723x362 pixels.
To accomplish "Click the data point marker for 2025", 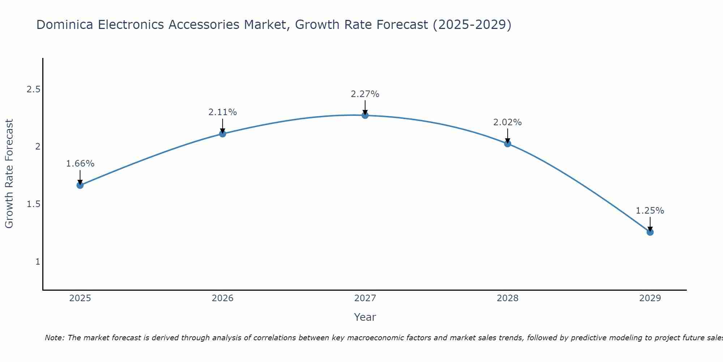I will [x=80, y=185].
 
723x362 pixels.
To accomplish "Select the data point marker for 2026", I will [x=222, y=134].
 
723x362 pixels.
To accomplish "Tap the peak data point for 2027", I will [x=365, y=115].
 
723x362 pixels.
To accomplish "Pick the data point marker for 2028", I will [x=508, y=144].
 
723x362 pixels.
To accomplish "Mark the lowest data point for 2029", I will [x=650, y=232].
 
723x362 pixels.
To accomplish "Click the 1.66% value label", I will [x=80, y=164].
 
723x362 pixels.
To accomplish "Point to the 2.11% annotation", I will [x=222, y=112].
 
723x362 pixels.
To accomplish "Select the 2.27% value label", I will [x=365, y=94].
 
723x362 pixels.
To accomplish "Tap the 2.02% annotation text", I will [x=508, y=122].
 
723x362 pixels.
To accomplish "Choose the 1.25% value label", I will [x=650, y=211].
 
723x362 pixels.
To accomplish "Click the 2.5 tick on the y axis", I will [x=33, y=89].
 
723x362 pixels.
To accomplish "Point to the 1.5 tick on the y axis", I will [x=33, y=204].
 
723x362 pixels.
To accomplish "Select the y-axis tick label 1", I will [x=38, y=261].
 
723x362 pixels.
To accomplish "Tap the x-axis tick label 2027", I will [x=365, y=298].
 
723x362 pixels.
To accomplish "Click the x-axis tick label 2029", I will [x=650, y=298].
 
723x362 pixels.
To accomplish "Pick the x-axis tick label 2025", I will [x=80, y=298].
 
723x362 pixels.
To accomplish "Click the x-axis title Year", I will [x=365, y=317].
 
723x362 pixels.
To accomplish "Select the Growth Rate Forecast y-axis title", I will [x=9, y=174].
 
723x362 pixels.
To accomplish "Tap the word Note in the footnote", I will [x=54, y=338].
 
